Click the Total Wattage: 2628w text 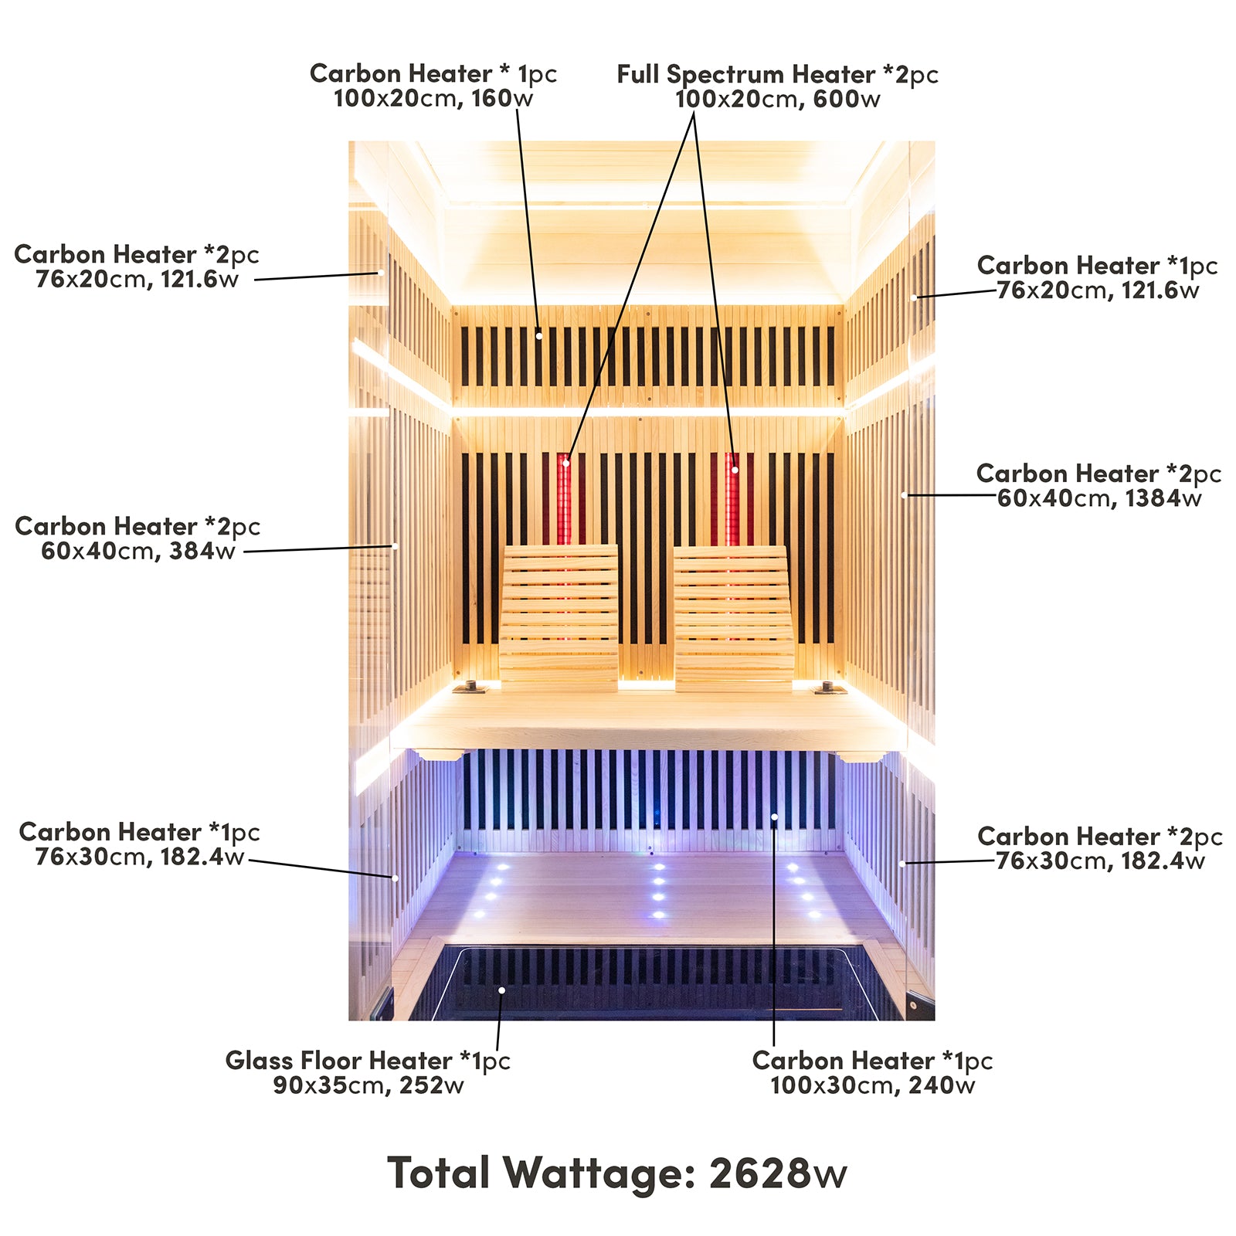click(x=616, y=1173)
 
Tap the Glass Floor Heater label click(x=368, y=1061)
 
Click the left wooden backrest click(x=559, y=614)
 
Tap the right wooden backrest click(x=733, y=614)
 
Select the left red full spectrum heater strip click(x=565, y=498)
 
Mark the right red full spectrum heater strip click(x=732, y=498)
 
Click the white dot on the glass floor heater click(x=501, y=990)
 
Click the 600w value click(x=847, y=99)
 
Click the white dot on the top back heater click(x=538, y=336)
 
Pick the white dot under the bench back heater click(x=774, y=817)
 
